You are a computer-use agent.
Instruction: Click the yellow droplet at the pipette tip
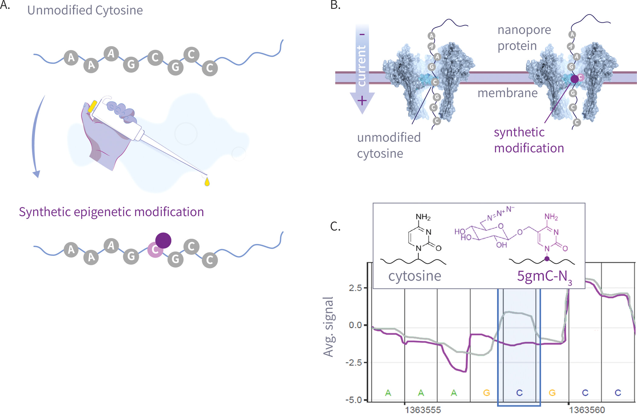coord(207,182)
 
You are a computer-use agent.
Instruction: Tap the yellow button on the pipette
coord(92,106)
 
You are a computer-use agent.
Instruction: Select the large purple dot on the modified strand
coord(163,240)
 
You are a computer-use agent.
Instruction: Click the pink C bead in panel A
coord(155,250)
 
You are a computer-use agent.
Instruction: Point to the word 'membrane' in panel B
coord(508,93)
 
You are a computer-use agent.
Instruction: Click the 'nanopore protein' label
coord(524,38)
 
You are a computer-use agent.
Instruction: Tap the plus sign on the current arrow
coord(362,101)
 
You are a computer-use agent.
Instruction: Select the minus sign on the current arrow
coord(362,35)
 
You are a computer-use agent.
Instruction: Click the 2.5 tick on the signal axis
coord(356,288)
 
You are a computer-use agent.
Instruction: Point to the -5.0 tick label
coord(354,400)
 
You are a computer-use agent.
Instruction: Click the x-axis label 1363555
coord(423,410)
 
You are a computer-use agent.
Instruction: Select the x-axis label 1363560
coord(587,410)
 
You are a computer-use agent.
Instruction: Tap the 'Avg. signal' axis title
coord(329,327)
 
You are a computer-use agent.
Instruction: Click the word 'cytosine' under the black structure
coord(415,276)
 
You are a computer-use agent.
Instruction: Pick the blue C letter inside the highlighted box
coord(519,393)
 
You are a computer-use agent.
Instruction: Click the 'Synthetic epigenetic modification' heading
coord(111,212)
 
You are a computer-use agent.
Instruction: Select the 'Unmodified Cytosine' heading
coord(85,10)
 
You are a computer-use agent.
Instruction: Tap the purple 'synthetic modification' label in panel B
coord(529,140)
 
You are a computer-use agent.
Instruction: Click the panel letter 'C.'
coord(335,226)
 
